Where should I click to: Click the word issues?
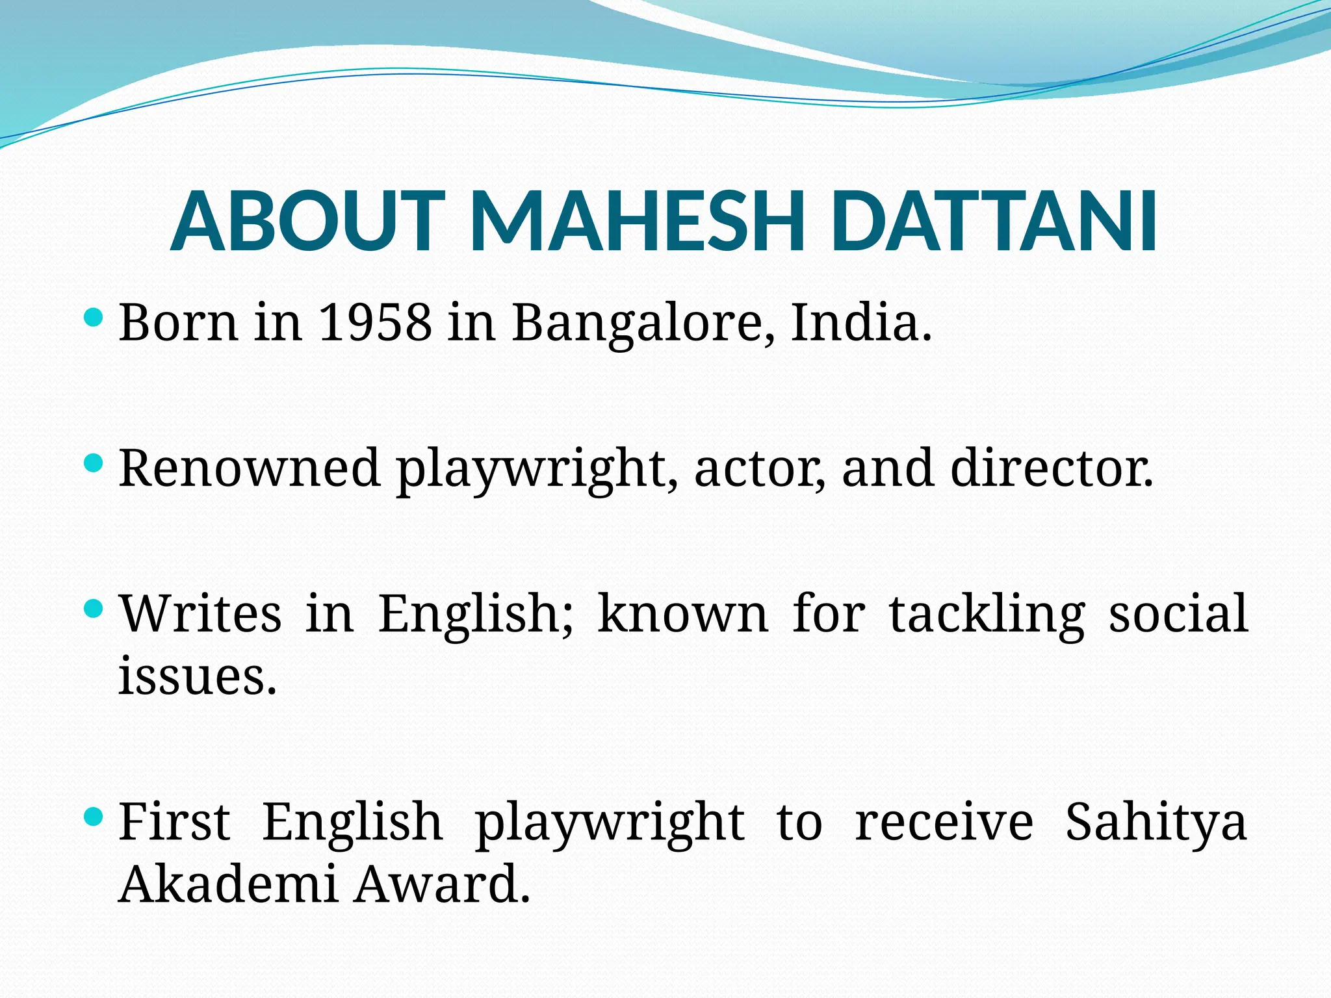pyautogui.click(x=198, y=675)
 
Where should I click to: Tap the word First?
pyautogui.click(x=174, y=821)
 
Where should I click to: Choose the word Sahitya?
pyautogui.click(x=1156, y=823)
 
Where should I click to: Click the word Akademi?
pyautogui.click(x=228, y=884)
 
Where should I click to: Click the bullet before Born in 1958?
pyautogui.click(x=94, y=318)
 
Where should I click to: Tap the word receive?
pyautogui.click(x=944, y=821)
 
